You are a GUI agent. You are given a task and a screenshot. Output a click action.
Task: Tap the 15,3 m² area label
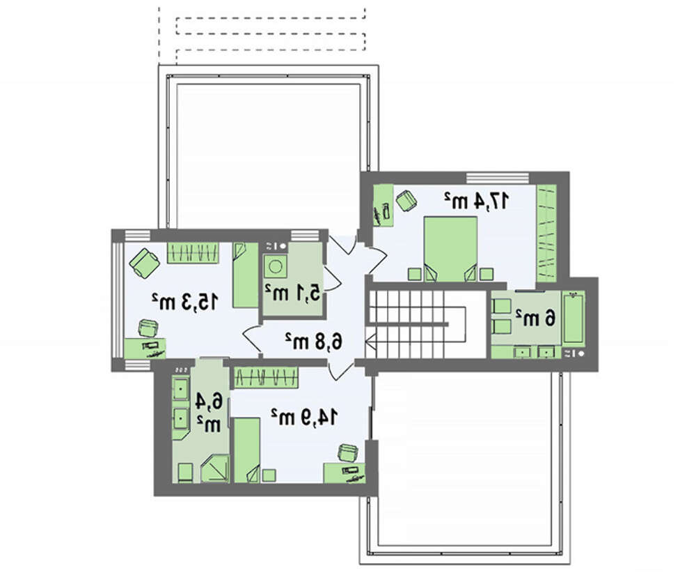click(185, 302)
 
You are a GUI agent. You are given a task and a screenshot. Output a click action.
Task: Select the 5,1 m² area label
click(292, 293)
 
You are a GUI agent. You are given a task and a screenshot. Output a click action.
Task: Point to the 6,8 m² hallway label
click(314, 342)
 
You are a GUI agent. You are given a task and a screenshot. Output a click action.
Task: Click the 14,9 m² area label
click(305, 417)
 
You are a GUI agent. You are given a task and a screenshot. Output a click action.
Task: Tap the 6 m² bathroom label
click(535, 319)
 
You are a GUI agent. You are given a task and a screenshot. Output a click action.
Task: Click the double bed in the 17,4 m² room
click(450, 249)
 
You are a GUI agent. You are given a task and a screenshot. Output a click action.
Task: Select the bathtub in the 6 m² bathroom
click(574, 317)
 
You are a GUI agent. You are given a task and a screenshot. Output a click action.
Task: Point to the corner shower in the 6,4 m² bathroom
click(215, 468)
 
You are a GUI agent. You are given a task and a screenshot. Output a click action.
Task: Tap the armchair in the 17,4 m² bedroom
click(406, 201)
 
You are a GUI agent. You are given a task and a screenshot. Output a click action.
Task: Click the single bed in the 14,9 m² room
click(247, 450)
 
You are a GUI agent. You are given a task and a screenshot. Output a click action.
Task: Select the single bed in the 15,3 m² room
click(246, 275)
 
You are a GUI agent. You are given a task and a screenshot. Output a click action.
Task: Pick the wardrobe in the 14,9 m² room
click(266, 378)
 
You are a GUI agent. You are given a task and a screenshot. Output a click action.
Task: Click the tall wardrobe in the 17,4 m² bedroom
click(546, 234)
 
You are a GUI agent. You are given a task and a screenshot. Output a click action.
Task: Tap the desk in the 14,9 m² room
click(344, 473)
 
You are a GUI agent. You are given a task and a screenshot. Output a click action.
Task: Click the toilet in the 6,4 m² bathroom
click(186, 473)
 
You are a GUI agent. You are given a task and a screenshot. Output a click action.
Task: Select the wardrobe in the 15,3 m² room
click(193, 252)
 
